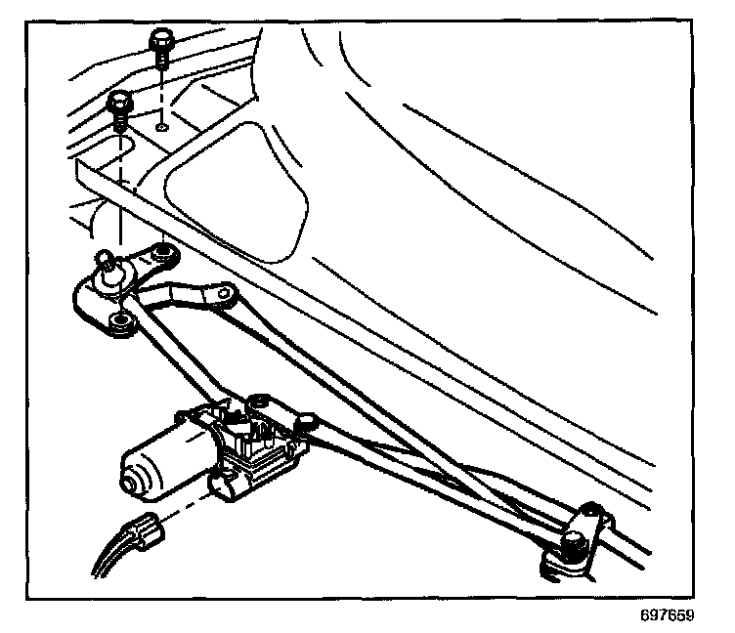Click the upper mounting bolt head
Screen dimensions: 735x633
tap(160, 41)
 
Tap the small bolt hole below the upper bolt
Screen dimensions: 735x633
tap(162, 125)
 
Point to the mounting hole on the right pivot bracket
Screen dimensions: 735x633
tap(589, 512)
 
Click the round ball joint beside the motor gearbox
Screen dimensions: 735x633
tap(306, 422)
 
